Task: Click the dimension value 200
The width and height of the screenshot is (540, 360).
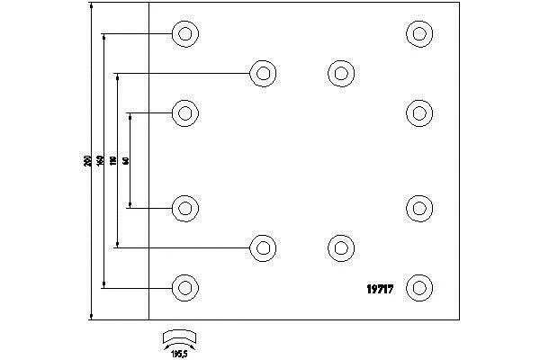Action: pyautogui.click(x=86, y=162)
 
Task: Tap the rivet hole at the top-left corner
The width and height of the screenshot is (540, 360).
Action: pyautogui.click(x=185, y=34)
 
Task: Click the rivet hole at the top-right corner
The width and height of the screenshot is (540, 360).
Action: pyautogui.click(x=418, y=34)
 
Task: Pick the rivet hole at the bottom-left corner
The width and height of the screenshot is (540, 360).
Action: pyautogui.click(x=185, y=288)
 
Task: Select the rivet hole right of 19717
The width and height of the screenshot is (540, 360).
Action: pyautogui.click(x=418, y=288)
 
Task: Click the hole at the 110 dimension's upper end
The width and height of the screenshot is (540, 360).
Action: pyautogui.click(x=263, y=73)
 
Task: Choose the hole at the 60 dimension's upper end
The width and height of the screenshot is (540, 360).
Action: pyautogui.click(x=185, y=113)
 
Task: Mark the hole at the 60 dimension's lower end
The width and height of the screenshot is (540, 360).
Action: pyautogui.click(x=185, y=208)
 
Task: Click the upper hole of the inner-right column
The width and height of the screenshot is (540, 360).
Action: pyautogui.click(x=340, y=73)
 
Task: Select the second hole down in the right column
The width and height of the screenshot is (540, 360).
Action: pyautogui.click(x=418, y=113)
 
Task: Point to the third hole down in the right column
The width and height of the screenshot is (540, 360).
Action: pyautogui.click(x=418, y=208)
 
